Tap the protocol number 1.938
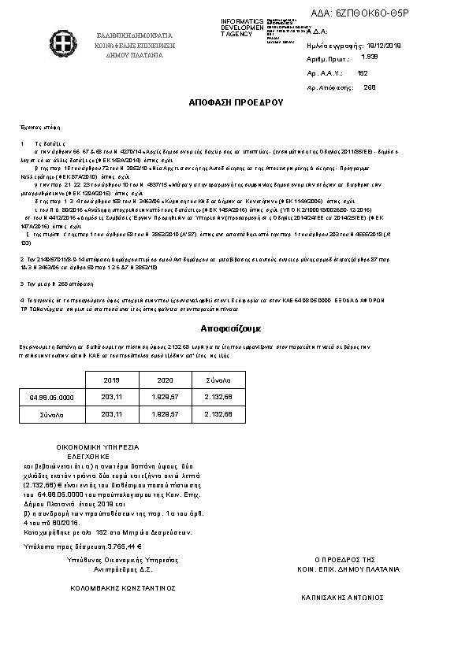click(368, 57)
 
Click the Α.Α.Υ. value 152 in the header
click(363, 72)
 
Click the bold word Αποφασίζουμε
click(234, 327)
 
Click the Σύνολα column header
click(218, 380)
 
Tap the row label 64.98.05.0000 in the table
click(52, 397)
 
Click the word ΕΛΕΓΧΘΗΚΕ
click(87, 456)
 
